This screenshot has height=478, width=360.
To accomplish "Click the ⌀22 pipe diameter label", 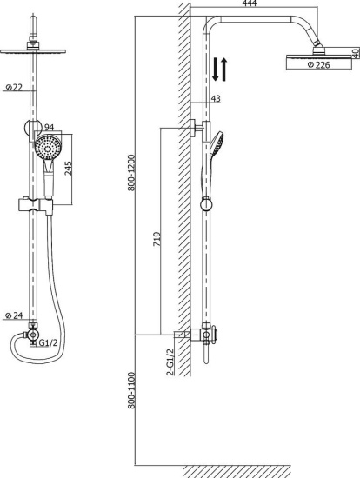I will [x=13, y=86].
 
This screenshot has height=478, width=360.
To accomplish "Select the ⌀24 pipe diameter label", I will [x=13, y=315].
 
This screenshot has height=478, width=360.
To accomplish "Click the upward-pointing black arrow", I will [x=225, y=69].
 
